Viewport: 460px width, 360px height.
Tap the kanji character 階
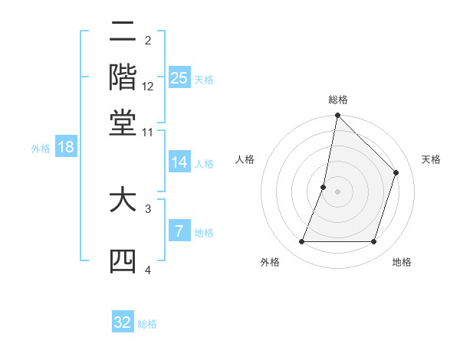tap(123, 79)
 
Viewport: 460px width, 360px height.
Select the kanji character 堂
tap(123, 123)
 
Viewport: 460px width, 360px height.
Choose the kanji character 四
tap(123, 261)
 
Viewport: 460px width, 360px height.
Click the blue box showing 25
tap(179, 77)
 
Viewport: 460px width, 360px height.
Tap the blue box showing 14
tap(179, 162)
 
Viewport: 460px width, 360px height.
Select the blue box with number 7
tap(179, 231)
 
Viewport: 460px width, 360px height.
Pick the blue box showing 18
tap(66, 147)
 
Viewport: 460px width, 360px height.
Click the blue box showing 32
tap(123, 322)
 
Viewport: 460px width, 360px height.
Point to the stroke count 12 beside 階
tap(148, 87)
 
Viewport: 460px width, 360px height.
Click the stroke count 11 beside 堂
tap(148, 132)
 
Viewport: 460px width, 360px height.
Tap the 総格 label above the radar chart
tap(337, 100)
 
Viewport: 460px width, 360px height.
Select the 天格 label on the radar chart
tap(431, 159)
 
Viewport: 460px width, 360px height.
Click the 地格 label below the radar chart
tap(402, 262)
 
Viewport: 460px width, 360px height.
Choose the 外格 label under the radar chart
tap(270, 262)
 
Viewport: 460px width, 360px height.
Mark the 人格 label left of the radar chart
tap(245, 159)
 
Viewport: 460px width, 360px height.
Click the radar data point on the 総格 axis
tap(337, 116)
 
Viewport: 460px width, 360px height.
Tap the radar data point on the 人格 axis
tap(324, 186)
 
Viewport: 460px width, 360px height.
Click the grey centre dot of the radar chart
tap(337, 191)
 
